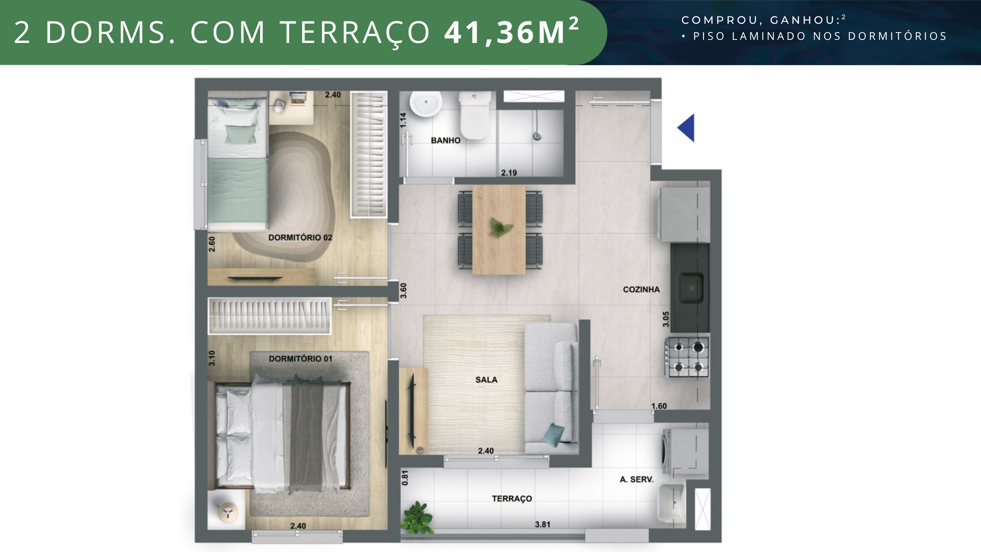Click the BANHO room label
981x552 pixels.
[446, 140]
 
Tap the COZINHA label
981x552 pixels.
[641, 289]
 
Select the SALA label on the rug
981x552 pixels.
[486, 379]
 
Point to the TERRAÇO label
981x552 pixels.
[512, 499]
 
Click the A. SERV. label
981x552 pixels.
[637, 479]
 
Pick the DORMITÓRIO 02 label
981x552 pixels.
[300, 237]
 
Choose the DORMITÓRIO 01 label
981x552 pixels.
[300, 358]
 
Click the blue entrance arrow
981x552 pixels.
[686, 128]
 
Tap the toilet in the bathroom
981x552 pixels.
[475, 115]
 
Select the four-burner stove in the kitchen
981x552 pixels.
[687, 357]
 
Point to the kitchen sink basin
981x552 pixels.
[691, 287]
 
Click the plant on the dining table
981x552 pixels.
[500, 227]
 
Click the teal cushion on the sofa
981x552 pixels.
[554, 435]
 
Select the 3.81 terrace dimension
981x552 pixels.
[543, 524]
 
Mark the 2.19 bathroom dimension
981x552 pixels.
[509, 173]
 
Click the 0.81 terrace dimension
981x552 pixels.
[405, 478]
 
